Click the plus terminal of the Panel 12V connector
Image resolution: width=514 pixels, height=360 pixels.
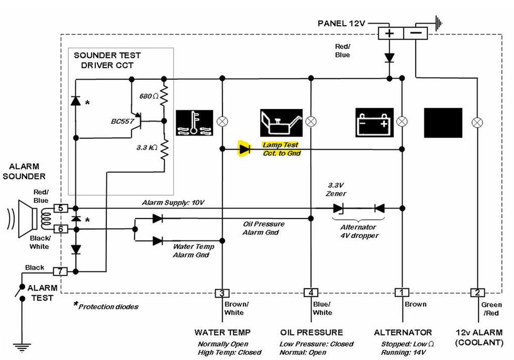[x=389, y=34]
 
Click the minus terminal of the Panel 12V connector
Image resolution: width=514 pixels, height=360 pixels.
[x=416, y=34]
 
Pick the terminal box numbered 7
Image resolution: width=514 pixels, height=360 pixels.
[x=60, y=272]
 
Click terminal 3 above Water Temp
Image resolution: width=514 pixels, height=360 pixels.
[x=221, y=293]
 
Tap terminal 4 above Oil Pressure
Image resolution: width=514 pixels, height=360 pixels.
[x=311, y=293]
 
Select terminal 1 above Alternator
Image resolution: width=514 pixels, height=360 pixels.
[x=402, y=293]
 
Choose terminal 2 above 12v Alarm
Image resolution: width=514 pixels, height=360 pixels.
[x=477, y=293]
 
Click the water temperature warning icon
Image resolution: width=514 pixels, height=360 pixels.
[x=194, y=123]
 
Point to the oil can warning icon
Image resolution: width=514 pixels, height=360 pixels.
[x=281, y=123]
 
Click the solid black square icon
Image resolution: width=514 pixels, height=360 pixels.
[x=443, y=123]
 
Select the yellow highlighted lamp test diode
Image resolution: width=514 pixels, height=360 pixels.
[x=244, y=149]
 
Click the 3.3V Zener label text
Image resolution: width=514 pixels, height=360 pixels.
[x=336, y=189]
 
